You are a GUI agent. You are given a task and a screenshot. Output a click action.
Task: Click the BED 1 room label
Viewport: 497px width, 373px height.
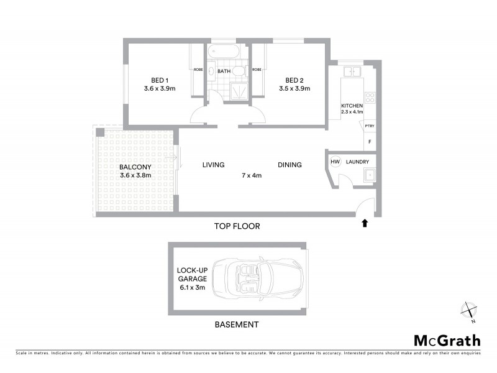(x=159, y=80)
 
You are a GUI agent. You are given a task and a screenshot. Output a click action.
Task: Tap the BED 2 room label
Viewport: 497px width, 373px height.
(x=294, y=80)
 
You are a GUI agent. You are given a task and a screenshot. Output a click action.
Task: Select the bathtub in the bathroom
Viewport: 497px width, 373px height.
(x=224, y=52)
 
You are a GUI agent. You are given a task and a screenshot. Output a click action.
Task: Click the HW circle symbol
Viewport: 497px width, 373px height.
(x=335, y=162)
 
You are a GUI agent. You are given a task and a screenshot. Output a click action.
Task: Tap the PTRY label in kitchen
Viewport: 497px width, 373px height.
(x=370, y=127)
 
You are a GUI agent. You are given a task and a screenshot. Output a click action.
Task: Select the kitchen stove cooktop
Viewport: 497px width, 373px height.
(x=370, y=98)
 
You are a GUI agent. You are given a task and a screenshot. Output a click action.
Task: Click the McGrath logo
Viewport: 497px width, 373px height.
(x=447, y=340)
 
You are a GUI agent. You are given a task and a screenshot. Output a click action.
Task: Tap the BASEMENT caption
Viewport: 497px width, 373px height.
(x=236, y=325)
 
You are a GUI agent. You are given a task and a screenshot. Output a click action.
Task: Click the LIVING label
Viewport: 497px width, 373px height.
(x=213, y=165)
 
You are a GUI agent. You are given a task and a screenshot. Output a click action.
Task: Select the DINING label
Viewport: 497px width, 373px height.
(x=290, y=165)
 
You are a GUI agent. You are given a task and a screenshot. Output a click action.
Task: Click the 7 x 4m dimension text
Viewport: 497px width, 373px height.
(x=252, y=175)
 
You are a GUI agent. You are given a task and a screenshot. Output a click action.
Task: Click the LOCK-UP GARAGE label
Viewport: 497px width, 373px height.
(x=191, y=275)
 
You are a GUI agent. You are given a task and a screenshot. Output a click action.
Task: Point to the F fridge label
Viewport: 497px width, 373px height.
(x=370, y=142)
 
